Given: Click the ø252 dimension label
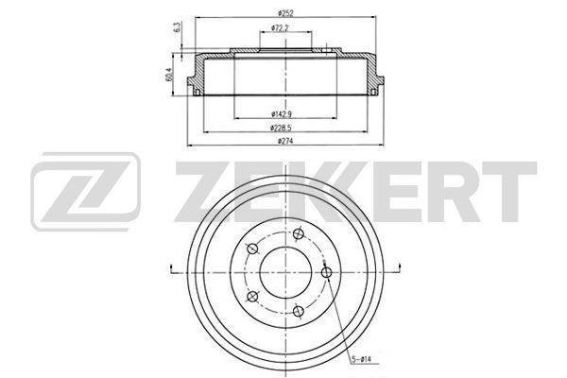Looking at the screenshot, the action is click(x=285, y=13).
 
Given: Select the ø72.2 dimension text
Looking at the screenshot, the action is click(x=280, y=27).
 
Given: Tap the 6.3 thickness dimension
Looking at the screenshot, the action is click(x=178, y=27).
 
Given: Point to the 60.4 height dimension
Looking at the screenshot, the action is click(x=169, y=74).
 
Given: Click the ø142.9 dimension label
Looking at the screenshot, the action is click(x=282, y=114).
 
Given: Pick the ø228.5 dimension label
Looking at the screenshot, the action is click(x=281, y=128).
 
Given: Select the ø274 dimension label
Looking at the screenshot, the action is click(x=285, y=141).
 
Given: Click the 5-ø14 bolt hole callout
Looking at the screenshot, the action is click(x=361, y=359).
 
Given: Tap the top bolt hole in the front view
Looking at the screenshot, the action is click(x=299, y=233).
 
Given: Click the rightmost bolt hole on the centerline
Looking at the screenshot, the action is click(x=327, y=272).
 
